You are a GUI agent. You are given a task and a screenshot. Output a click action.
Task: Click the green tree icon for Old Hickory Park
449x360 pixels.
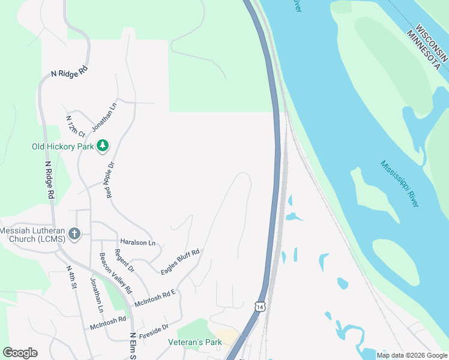pos(103,145)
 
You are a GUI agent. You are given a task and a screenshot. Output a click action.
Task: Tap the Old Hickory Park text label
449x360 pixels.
pos(63,146)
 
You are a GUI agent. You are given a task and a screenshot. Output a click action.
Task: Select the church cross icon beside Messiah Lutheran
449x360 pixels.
pos(74,233)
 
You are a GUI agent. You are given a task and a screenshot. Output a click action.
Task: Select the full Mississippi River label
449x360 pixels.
pos(399,184)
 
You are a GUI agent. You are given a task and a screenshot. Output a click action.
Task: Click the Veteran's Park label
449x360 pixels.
pos(194,343)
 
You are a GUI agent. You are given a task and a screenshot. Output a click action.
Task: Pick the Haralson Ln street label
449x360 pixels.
pos(137,242)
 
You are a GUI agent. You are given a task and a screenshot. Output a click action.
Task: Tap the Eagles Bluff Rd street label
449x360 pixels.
pos(180,262)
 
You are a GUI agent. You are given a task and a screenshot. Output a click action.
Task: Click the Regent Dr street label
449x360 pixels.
pos(124,261)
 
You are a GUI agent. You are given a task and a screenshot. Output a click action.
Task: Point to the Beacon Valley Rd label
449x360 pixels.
pos(112,274)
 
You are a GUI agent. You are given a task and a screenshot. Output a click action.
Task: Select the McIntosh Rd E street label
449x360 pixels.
pos(155,296)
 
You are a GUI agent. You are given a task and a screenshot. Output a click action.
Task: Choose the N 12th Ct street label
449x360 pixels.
pos(76,126)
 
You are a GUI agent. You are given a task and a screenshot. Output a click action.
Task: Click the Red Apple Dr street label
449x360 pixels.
pos(110,179)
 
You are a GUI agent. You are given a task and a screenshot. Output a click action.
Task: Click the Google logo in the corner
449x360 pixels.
pos(20,353)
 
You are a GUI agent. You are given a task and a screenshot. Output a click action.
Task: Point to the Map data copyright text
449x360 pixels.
pos(411,355)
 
